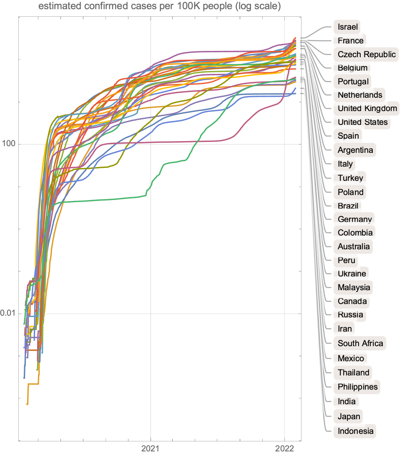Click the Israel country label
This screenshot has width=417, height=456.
[348, 27]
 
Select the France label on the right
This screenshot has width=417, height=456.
[350, 41]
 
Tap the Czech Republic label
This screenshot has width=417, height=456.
[367, 54]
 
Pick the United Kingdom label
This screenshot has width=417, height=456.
[367, 109]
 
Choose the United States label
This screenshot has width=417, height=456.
[362, 122]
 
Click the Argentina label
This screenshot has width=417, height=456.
[355, 149]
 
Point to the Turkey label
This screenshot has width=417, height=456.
[350, 178]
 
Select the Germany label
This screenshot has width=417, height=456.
[354, 219]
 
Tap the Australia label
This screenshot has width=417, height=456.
[354, 246]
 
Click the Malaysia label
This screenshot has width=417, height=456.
[354, 287]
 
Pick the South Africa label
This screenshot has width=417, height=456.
[360, 343]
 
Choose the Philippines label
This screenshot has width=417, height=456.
[357, 387]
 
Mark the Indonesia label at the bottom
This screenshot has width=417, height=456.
[355, 431]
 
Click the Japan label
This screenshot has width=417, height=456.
[349, 416]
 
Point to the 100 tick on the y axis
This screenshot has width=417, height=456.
[9, 144]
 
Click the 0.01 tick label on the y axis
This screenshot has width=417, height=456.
[8, 314]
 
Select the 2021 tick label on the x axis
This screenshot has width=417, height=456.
[150, 449]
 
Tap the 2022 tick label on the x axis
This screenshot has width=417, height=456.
[284, 449]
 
